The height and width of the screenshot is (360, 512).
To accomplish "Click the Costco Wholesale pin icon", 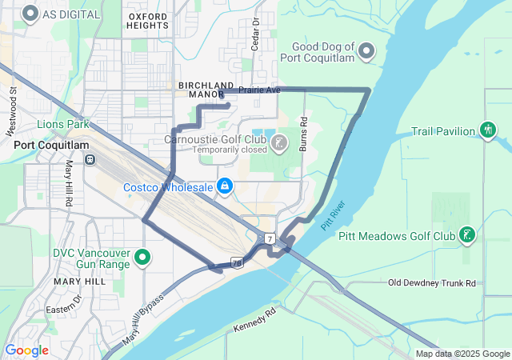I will coord(226,186).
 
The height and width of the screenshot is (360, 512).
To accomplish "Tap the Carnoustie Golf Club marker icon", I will coord(278,143).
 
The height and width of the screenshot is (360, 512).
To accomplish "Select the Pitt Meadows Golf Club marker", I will coord(467,235).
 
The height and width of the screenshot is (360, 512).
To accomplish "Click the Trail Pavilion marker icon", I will coord(487,130).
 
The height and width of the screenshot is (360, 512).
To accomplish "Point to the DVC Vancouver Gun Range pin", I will coord(142,257).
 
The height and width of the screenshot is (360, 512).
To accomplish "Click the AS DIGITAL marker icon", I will coord(31,14).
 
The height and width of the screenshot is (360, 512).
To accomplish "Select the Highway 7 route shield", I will coord(271,238).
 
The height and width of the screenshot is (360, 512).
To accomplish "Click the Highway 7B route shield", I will coord(238,262).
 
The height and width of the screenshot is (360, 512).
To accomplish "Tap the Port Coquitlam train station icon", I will coord(91,158).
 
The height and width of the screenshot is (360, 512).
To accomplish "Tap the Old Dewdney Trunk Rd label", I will coord(431,283).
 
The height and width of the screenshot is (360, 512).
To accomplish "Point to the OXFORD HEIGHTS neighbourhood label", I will coord(148,20).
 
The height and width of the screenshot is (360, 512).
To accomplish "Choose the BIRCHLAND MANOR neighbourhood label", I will coord(206,90).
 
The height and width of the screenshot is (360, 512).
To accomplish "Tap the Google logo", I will coord(26,350).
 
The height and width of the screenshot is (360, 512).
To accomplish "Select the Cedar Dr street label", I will coord(256,34).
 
